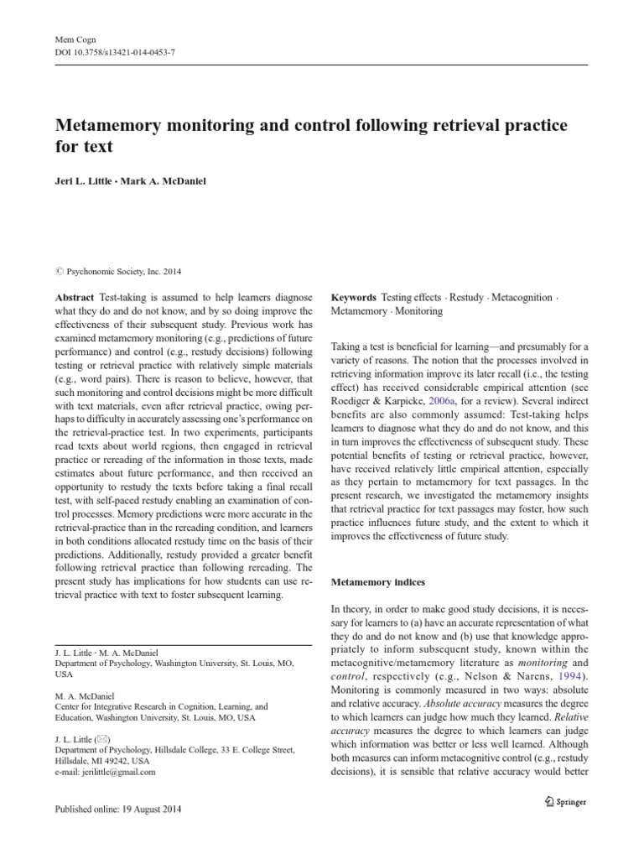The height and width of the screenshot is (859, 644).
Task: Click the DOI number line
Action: pos(115,52)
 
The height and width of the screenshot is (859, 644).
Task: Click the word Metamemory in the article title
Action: pos(116,126)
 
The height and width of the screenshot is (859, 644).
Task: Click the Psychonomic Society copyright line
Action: pos(122,271)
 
